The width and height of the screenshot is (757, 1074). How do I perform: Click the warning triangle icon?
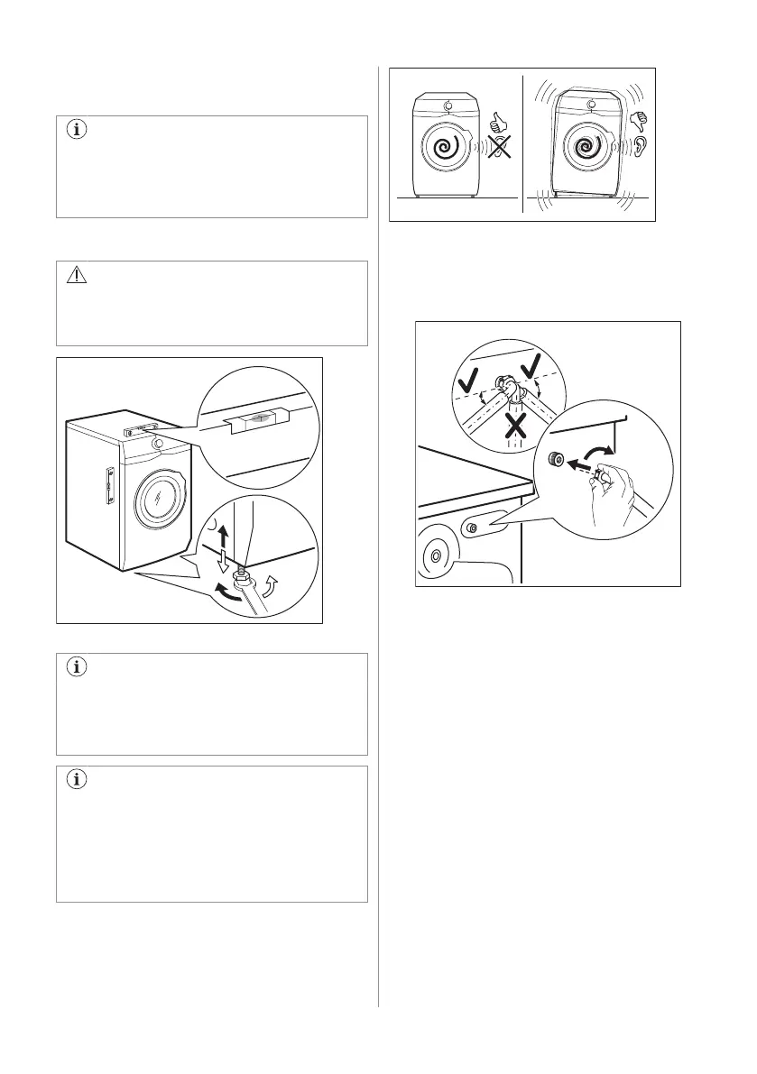point(76,277)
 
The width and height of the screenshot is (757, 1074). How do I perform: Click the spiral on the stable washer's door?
point(444,147)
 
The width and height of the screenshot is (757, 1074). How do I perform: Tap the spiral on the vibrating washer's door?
point(582,147)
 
